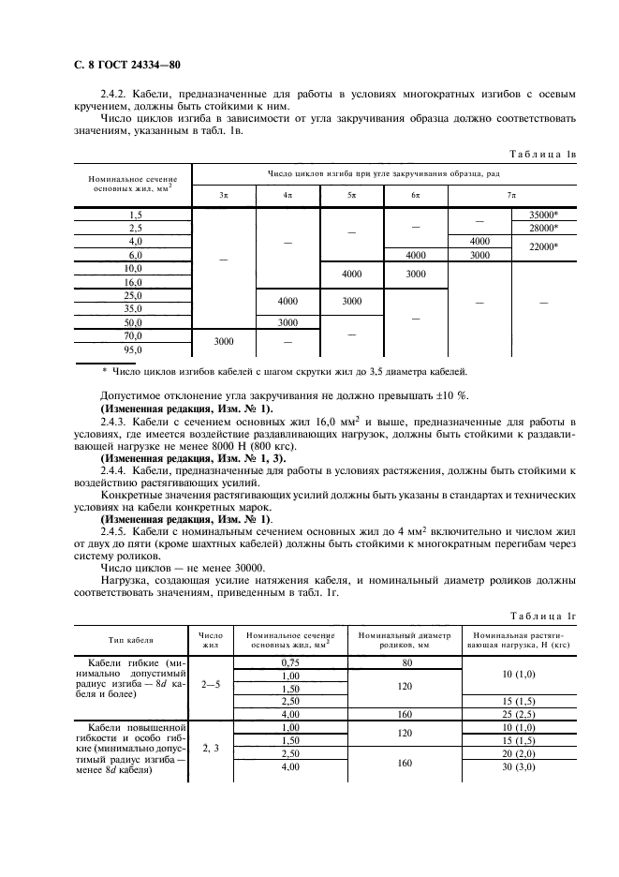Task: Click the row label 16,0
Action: [133, 281]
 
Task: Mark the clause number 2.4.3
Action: [117, 424]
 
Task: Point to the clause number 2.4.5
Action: [117, 531]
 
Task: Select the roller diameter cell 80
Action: [406, 662]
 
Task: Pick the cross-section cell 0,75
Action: [288, 662]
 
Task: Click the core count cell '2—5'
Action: [211, 684]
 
